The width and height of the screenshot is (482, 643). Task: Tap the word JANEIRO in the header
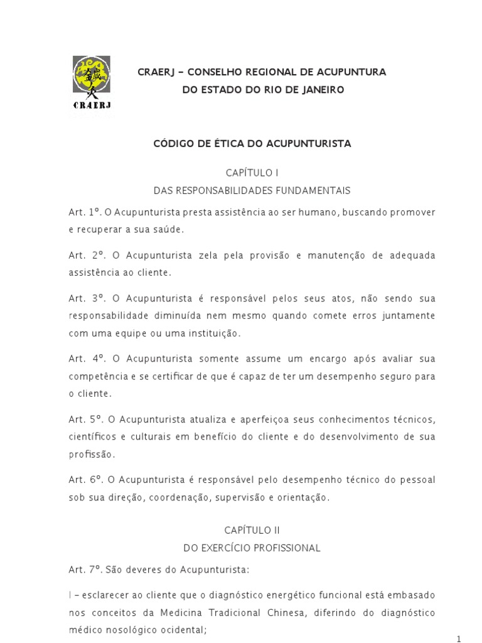point(322,90)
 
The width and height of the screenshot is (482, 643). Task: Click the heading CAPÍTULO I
point(252,172)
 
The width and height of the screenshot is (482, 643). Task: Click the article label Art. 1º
point(83,212)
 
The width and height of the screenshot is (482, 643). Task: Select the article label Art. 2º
point(85,256)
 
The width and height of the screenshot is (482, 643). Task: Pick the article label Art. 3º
point(85,298)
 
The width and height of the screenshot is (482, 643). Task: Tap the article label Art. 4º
point(85,359)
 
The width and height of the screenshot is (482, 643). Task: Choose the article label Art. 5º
point(84,419)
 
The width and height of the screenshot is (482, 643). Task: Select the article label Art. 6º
point(84,480)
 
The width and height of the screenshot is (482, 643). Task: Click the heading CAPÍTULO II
point(252,530)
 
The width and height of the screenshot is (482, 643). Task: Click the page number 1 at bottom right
point(459,639)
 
